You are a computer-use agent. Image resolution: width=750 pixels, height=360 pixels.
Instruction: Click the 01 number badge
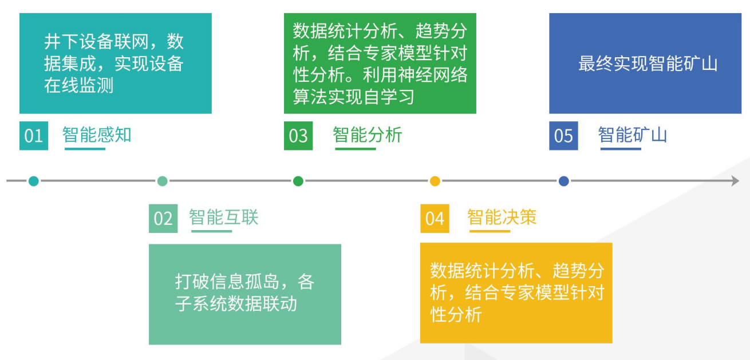click(x=34, y=136)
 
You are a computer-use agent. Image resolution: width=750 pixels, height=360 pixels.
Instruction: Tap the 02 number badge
click(x=163, y=218)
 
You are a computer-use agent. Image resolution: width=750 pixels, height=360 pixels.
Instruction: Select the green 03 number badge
click(x=298, y=136)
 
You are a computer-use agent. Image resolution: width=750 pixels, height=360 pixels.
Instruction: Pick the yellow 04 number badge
click(x=435, y=218)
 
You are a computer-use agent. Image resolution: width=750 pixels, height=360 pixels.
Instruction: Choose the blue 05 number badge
click(x=563, y=136)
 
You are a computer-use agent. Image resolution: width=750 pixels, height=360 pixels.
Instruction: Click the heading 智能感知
click(x=97, y=134)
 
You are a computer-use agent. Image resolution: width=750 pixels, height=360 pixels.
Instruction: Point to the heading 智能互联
click(x=224, y=217)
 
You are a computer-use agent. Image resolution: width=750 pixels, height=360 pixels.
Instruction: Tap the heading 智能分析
click(x=368, y=134)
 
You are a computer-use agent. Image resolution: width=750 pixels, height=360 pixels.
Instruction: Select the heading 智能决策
click(x=502, y=217)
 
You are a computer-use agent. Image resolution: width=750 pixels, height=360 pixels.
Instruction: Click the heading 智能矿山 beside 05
click(x=633, y=134)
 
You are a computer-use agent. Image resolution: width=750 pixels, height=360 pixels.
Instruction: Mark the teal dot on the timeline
click(x=33, y=181)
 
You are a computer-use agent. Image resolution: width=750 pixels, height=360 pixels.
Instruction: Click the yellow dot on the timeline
click(x=435, y=181)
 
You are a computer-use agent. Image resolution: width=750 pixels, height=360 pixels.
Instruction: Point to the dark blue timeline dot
click(x=564, y=181)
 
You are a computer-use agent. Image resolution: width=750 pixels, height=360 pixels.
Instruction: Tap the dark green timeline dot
click(x=298, y=181)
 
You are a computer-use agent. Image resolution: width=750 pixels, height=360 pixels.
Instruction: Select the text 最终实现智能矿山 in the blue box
click(x=648, y=64)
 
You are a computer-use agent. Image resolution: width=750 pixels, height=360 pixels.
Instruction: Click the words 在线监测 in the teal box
click(x=79, y=85)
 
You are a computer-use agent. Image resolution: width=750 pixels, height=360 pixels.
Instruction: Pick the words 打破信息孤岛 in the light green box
click(x=227, y=282)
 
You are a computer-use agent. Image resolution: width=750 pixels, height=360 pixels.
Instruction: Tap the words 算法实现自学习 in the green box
click(x=354, y=96)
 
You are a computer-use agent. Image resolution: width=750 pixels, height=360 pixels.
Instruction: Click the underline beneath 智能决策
click(x=490, y=231)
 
